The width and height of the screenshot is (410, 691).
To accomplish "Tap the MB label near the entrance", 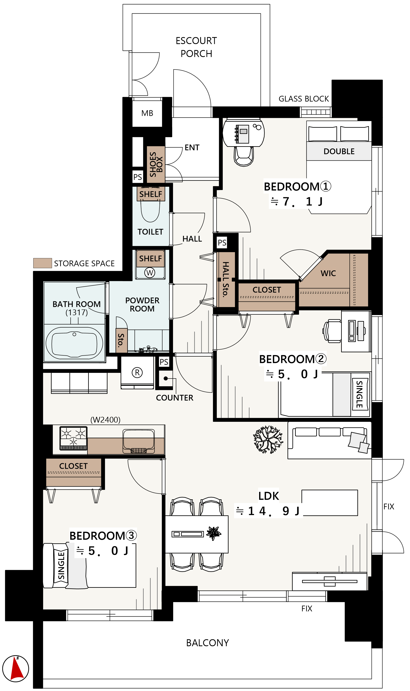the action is pos(147,113).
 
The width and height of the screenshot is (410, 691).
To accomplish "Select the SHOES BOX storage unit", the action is pos(156,165).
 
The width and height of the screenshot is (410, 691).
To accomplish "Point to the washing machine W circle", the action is pos(150,273).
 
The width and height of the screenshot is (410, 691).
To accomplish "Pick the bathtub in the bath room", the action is pos(74,343).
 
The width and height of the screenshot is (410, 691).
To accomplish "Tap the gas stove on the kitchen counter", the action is pos(74,438).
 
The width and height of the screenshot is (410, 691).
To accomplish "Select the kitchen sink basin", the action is pos(139,441).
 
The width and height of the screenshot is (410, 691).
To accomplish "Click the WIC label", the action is pos(328,273).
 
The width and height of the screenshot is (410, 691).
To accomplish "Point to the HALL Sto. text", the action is pos(226,279).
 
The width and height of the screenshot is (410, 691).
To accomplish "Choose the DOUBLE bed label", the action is pos(339,152).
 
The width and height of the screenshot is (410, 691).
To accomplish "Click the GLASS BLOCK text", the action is pos(304,99).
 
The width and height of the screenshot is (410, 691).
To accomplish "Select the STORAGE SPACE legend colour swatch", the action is pos(43,263).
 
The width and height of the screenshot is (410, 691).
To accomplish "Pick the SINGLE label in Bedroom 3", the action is pos(61,566).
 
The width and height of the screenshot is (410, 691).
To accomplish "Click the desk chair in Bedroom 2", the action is pos(332,331).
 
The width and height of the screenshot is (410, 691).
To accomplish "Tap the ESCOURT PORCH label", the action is pos(196,47).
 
